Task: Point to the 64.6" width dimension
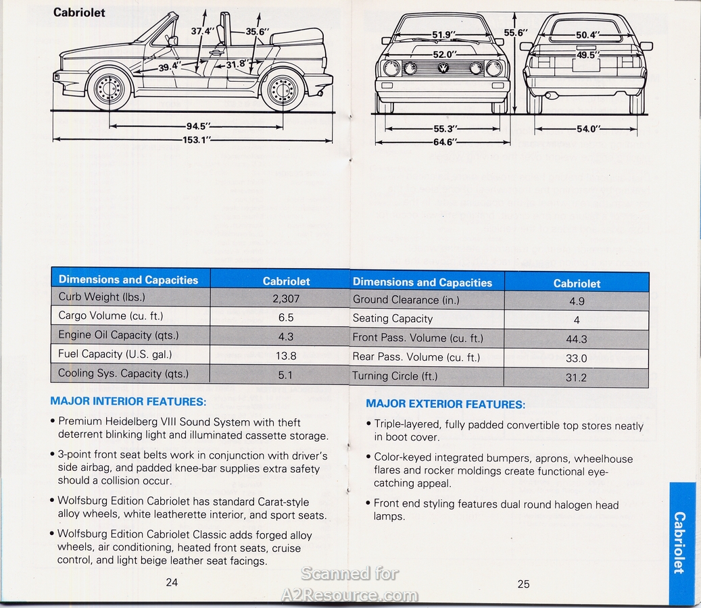pyautogui.click(x=443, y=142)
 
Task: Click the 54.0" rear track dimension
pyautogui.click(x=586, y=129)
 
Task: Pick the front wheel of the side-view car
pyautogui.click(x=109, y=88)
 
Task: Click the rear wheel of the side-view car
pyautogui.click(x=283, y=91)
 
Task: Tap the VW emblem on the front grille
pyautogui.click(x=443, y=68)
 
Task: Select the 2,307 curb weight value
pyautogui.click(x=285, y=298)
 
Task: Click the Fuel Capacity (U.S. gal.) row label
pyautogui.click(x=115, y=354)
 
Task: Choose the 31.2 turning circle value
pyautogui.click(x=576, y=378)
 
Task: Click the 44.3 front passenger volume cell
pyautogui.click(x=576, y=340)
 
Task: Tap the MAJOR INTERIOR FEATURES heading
pyautogui.click(x=128, y=401)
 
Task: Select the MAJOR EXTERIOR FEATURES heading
pyautogui.click(x=445, y=404)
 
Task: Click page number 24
pyautogui.click(x=172, y=582)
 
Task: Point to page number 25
pyautogui.click(x=523, y=584)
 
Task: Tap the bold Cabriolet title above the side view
pyautogui.click(x=79, y=12)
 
